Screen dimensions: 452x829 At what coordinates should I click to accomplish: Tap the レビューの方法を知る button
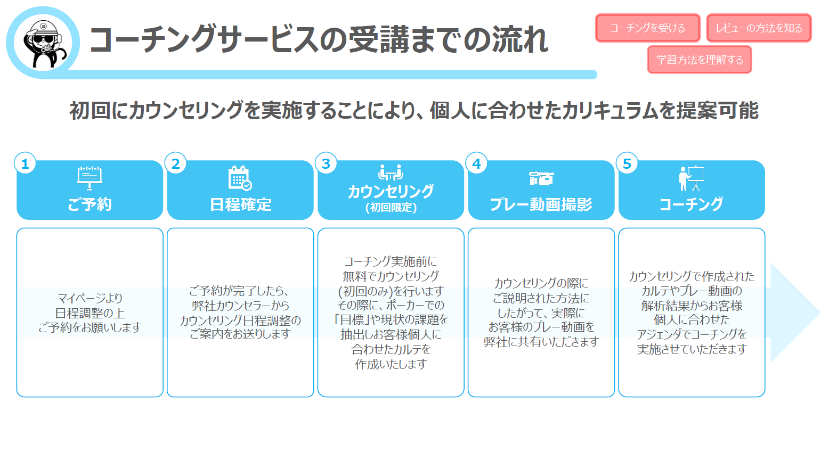759,28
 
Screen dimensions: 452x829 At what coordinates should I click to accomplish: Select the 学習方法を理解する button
699,60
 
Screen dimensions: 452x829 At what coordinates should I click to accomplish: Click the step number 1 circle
25,163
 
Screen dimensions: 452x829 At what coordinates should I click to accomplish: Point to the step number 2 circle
176,163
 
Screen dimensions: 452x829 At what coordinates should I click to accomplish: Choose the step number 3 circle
326,163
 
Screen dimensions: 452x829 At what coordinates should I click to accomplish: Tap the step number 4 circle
476,163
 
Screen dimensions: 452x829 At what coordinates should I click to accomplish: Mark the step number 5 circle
627,163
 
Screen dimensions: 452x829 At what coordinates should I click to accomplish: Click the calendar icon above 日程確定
240,178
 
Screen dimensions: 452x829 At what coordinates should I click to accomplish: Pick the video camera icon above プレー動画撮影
541,178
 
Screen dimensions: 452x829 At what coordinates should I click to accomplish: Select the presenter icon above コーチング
692,178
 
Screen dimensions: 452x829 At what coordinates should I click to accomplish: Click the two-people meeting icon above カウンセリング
391,172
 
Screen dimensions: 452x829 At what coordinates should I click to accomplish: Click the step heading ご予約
90,204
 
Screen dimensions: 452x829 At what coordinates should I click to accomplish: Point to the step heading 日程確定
240,204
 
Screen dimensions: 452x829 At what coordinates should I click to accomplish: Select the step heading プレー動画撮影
541,204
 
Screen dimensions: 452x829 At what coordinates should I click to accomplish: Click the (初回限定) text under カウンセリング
391,208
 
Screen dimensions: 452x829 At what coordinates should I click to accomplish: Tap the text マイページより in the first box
90,298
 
